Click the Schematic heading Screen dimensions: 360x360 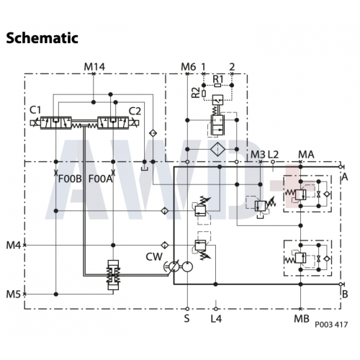[42, 38]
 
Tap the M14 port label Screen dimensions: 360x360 [94, 67]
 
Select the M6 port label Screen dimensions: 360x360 [188, 67]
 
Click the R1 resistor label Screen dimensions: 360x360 [217, 78]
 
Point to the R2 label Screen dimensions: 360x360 [196, 92]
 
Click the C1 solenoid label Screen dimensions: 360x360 [35, 110]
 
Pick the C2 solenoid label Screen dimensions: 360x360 [135, 111]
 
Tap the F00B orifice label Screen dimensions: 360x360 [70, 179]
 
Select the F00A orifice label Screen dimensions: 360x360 [100, 179]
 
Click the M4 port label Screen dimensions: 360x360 [14, 246]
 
